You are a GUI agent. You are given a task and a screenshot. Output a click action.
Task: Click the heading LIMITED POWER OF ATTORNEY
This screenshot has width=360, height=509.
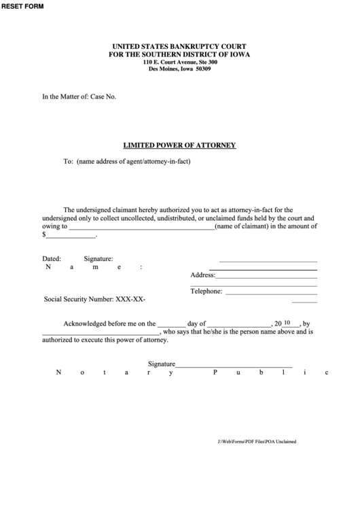tap(179, 145)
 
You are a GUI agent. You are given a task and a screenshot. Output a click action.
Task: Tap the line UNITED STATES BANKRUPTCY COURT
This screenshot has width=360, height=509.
tap(180, 46)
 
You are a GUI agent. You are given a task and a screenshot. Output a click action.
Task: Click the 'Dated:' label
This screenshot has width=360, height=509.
tap(52, 259)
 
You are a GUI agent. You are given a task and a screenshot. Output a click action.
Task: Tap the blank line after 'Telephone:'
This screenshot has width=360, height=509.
tap(270, 292)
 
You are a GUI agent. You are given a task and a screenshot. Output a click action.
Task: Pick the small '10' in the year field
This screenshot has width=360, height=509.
tap(287, 323)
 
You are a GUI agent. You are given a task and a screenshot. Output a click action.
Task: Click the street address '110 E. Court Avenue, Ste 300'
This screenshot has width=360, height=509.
tap(180, 62)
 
